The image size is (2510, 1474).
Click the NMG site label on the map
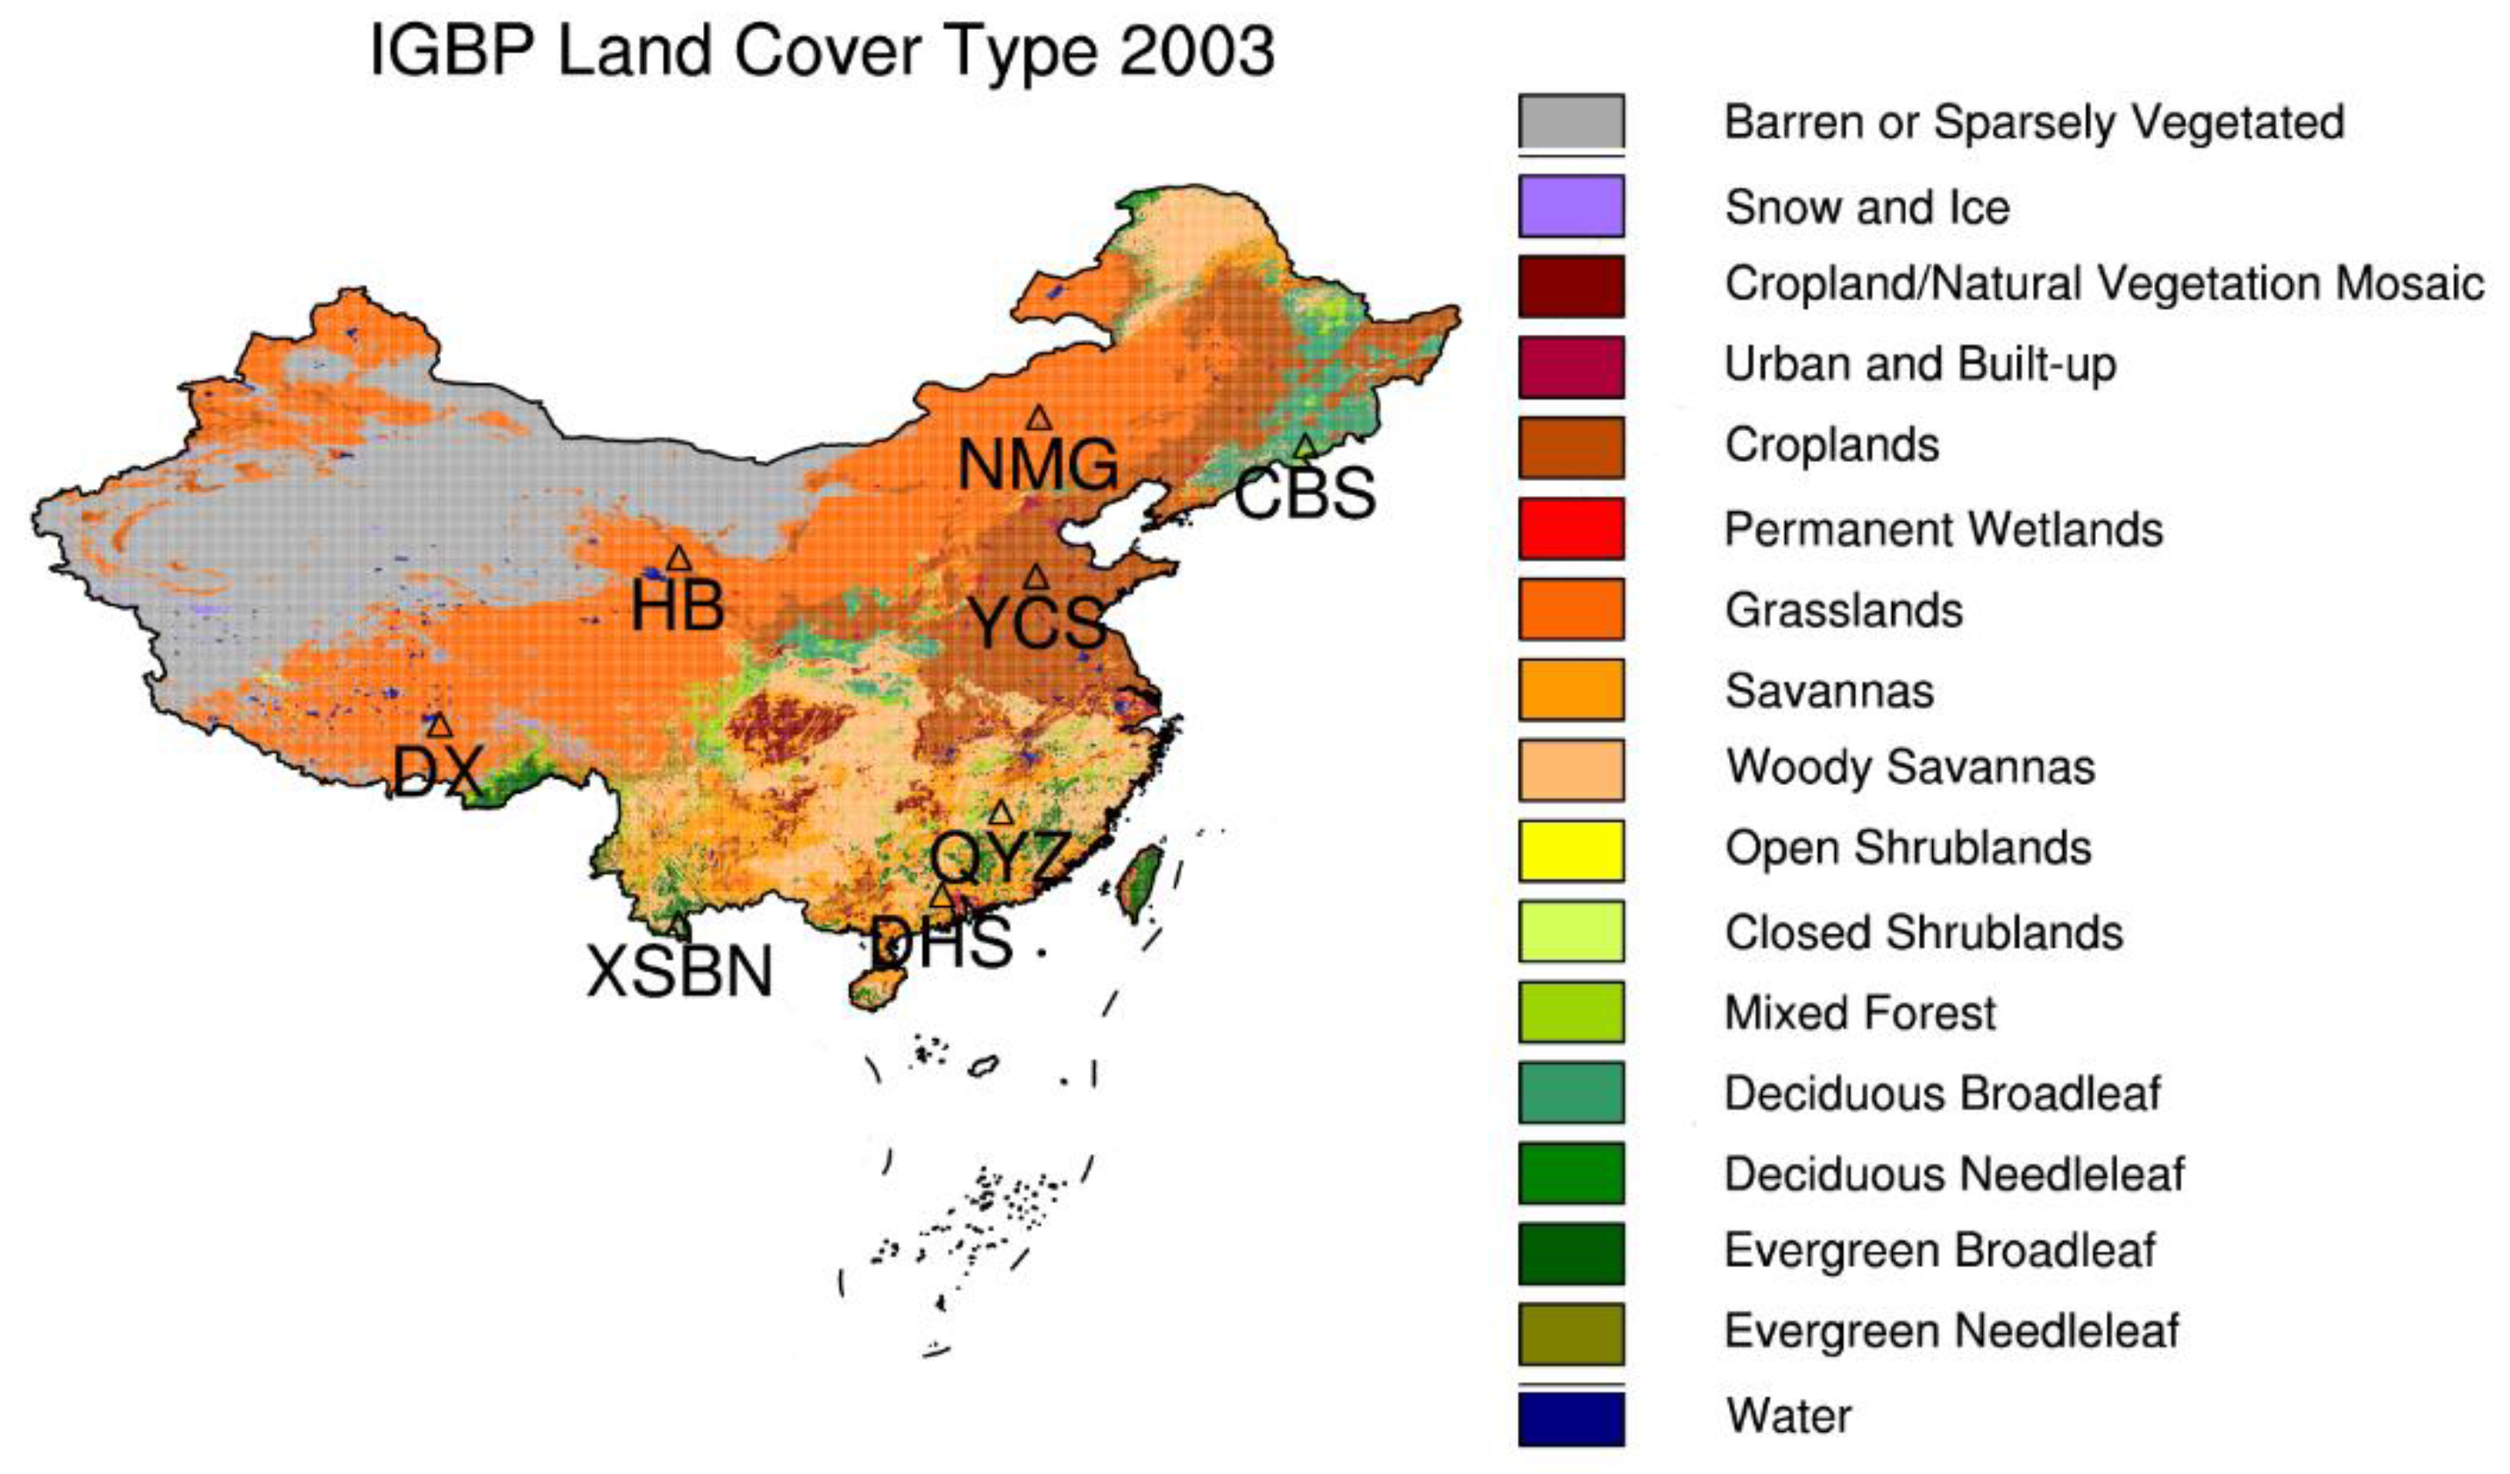[1037, 464]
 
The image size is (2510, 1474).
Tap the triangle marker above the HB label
[679, 557]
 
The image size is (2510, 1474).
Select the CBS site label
[1305, 493]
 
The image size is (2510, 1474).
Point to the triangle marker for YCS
[1036, 578]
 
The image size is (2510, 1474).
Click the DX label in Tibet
[437, 771]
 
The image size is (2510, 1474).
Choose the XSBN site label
[679, 972]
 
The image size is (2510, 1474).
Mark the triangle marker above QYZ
[1000, 812]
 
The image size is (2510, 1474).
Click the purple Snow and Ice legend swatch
[1571, 206]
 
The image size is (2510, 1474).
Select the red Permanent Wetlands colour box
[1571, 528]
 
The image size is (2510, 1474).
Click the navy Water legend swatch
[1571, 1418]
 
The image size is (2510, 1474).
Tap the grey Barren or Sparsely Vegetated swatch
[1571, 122]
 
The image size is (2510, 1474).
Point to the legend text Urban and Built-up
[1919, 365]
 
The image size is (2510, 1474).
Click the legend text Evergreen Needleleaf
[1952, 1331]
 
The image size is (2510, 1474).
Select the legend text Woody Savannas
[1909, 768]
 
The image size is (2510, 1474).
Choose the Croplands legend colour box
[1571, 447]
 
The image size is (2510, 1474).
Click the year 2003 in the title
[1196, 52]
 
